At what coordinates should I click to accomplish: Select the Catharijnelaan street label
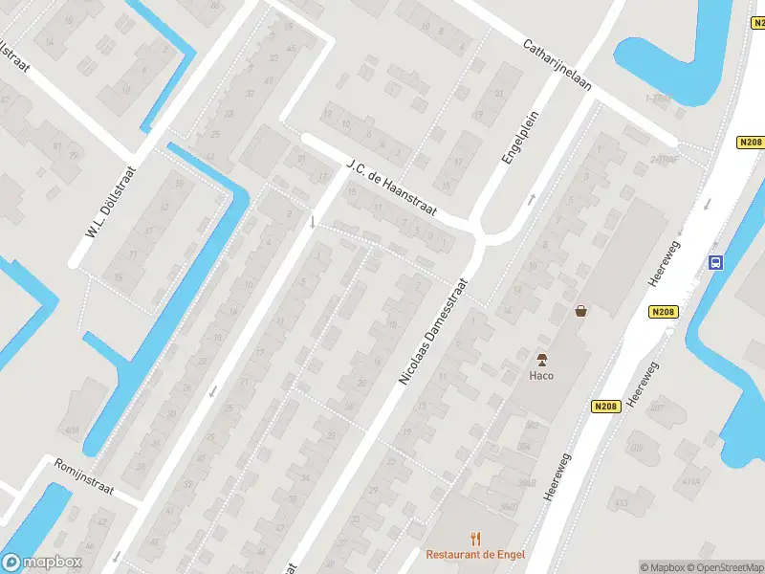click(x=557, y=65)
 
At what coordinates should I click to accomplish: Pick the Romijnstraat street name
click(x=83, y=476)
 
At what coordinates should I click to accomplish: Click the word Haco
click(x=541, y=375)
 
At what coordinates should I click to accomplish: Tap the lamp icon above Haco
click(x=542, y=360)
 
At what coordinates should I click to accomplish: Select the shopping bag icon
click(x=580, y=310)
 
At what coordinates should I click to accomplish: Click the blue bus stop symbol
click(x=714, y=262)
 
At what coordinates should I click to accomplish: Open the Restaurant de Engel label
click(x=475, y=555)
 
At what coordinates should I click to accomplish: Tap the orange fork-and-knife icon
click(x=475, y=539)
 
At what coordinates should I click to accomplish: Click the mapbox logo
click(x=42, y=563)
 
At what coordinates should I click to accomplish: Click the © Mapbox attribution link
click(x=663, y=567)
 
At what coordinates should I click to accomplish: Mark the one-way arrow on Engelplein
click(x=532, y=200)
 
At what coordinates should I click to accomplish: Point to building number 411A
click(x=690, y=481)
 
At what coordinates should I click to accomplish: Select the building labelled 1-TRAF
click(x=656, y=99)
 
